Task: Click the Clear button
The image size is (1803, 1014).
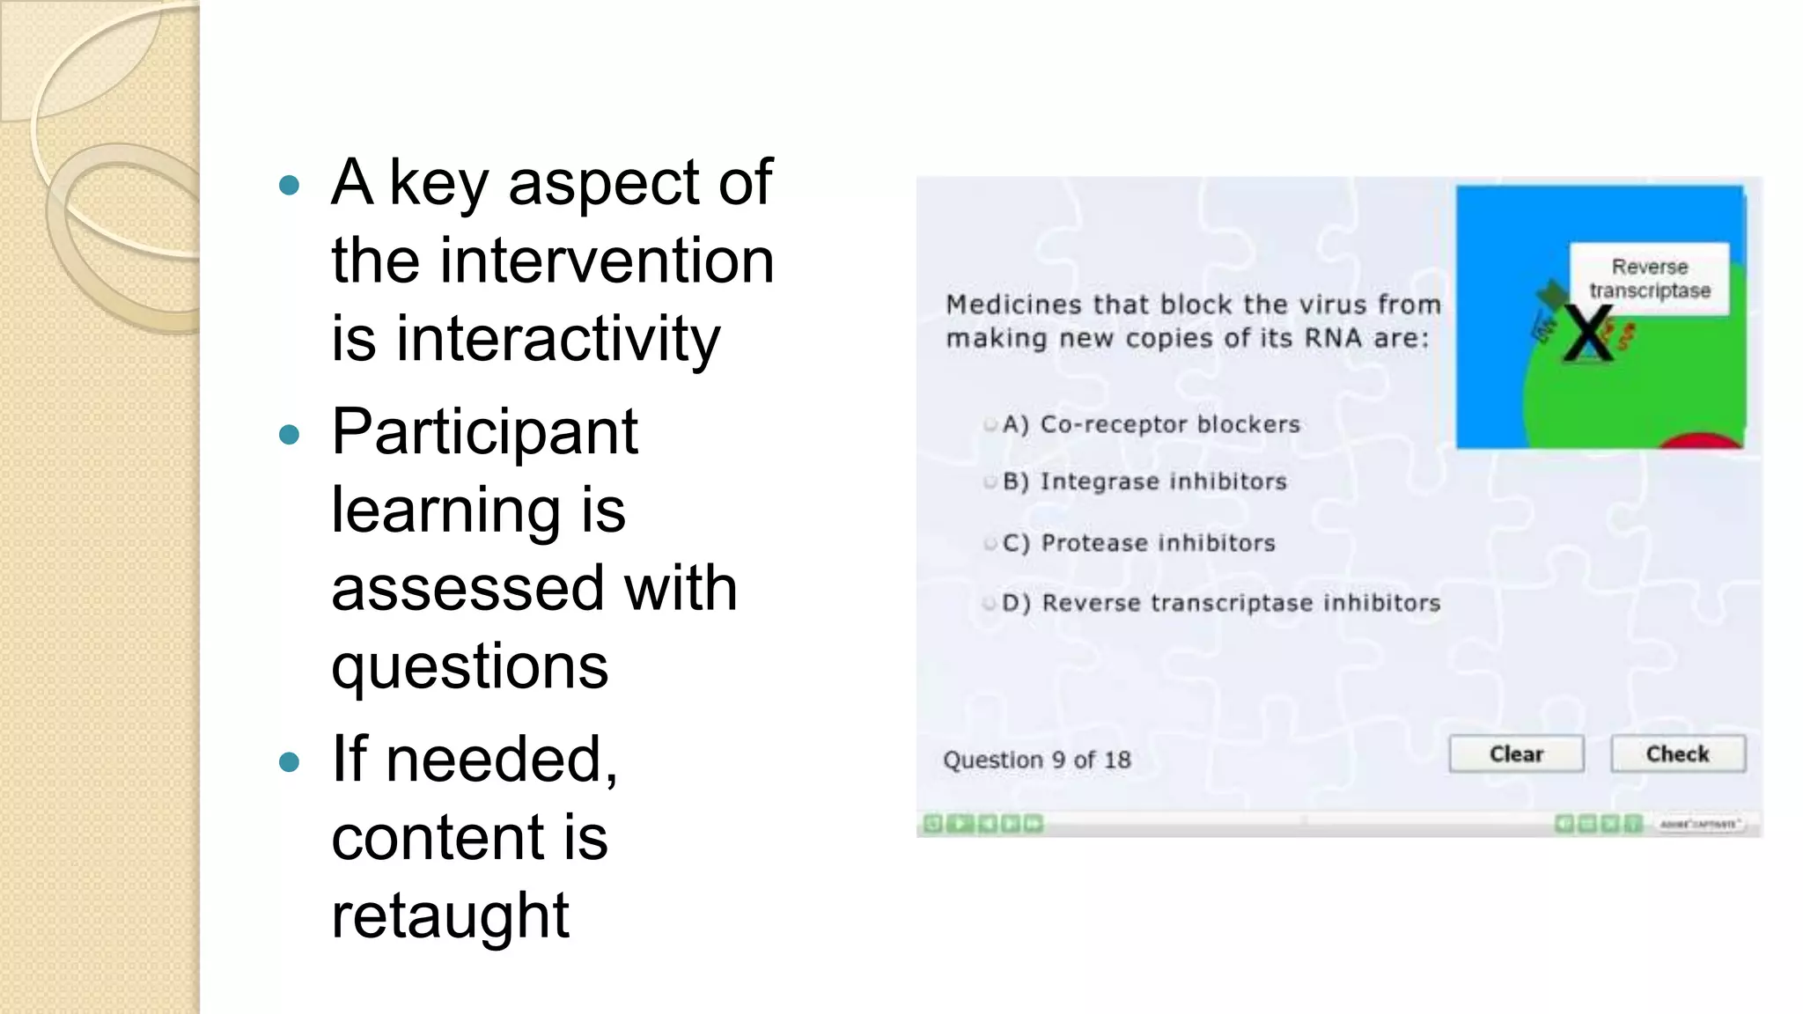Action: coord(1516,754)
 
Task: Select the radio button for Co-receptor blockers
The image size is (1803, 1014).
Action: coord(990,425)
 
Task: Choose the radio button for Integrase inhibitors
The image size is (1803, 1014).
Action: coord(990,482)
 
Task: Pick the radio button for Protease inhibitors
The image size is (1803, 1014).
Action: coord(990,544)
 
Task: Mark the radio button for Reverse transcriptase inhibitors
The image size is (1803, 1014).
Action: coord(990,604)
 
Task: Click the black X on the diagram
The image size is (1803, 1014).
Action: coord(1588,334)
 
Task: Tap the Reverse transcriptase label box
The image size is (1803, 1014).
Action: coord(1649,278)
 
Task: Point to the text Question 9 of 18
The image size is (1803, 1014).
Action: coord(1036,760)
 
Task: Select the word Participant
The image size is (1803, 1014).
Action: coord(484,432)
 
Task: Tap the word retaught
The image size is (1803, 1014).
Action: coord(450,915)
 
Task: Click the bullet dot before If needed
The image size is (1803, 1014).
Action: coord(289,761)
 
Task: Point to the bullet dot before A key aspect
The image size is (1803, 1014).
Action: coord(289,185)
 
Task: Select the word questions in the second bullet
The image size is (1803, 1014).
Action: coord(469,666)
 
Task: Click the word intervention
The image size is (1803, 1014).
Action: coord(607,261)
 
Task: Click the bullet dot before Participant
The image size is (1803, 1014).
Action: coord(289,434)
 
